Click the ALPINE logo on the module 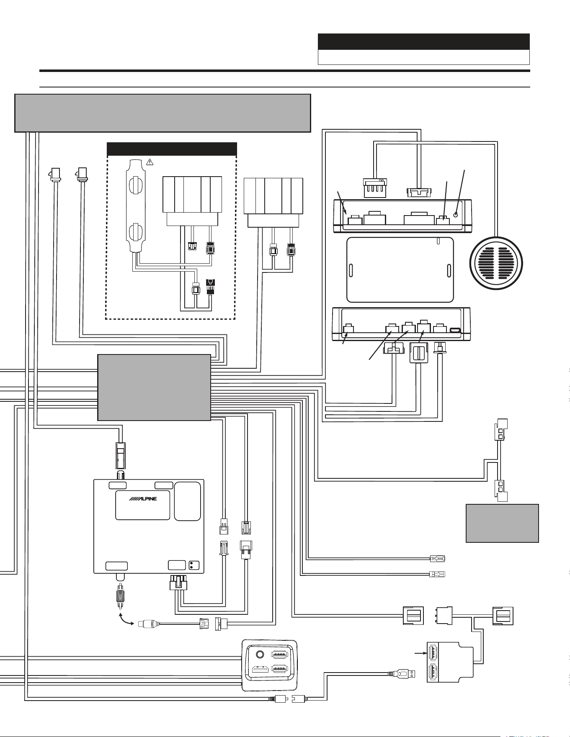(x=143, y=499)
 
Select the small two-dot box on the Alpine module (x=193, y=565)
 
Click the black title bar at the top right (x=424, y=42)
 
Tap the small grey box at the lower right (x=502, y=523)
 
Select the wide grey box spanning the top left (x=162, y=113)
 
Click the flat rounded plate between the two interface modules (x=400, y=270)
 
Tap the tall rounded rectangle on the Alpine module (x=188, y=501)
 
